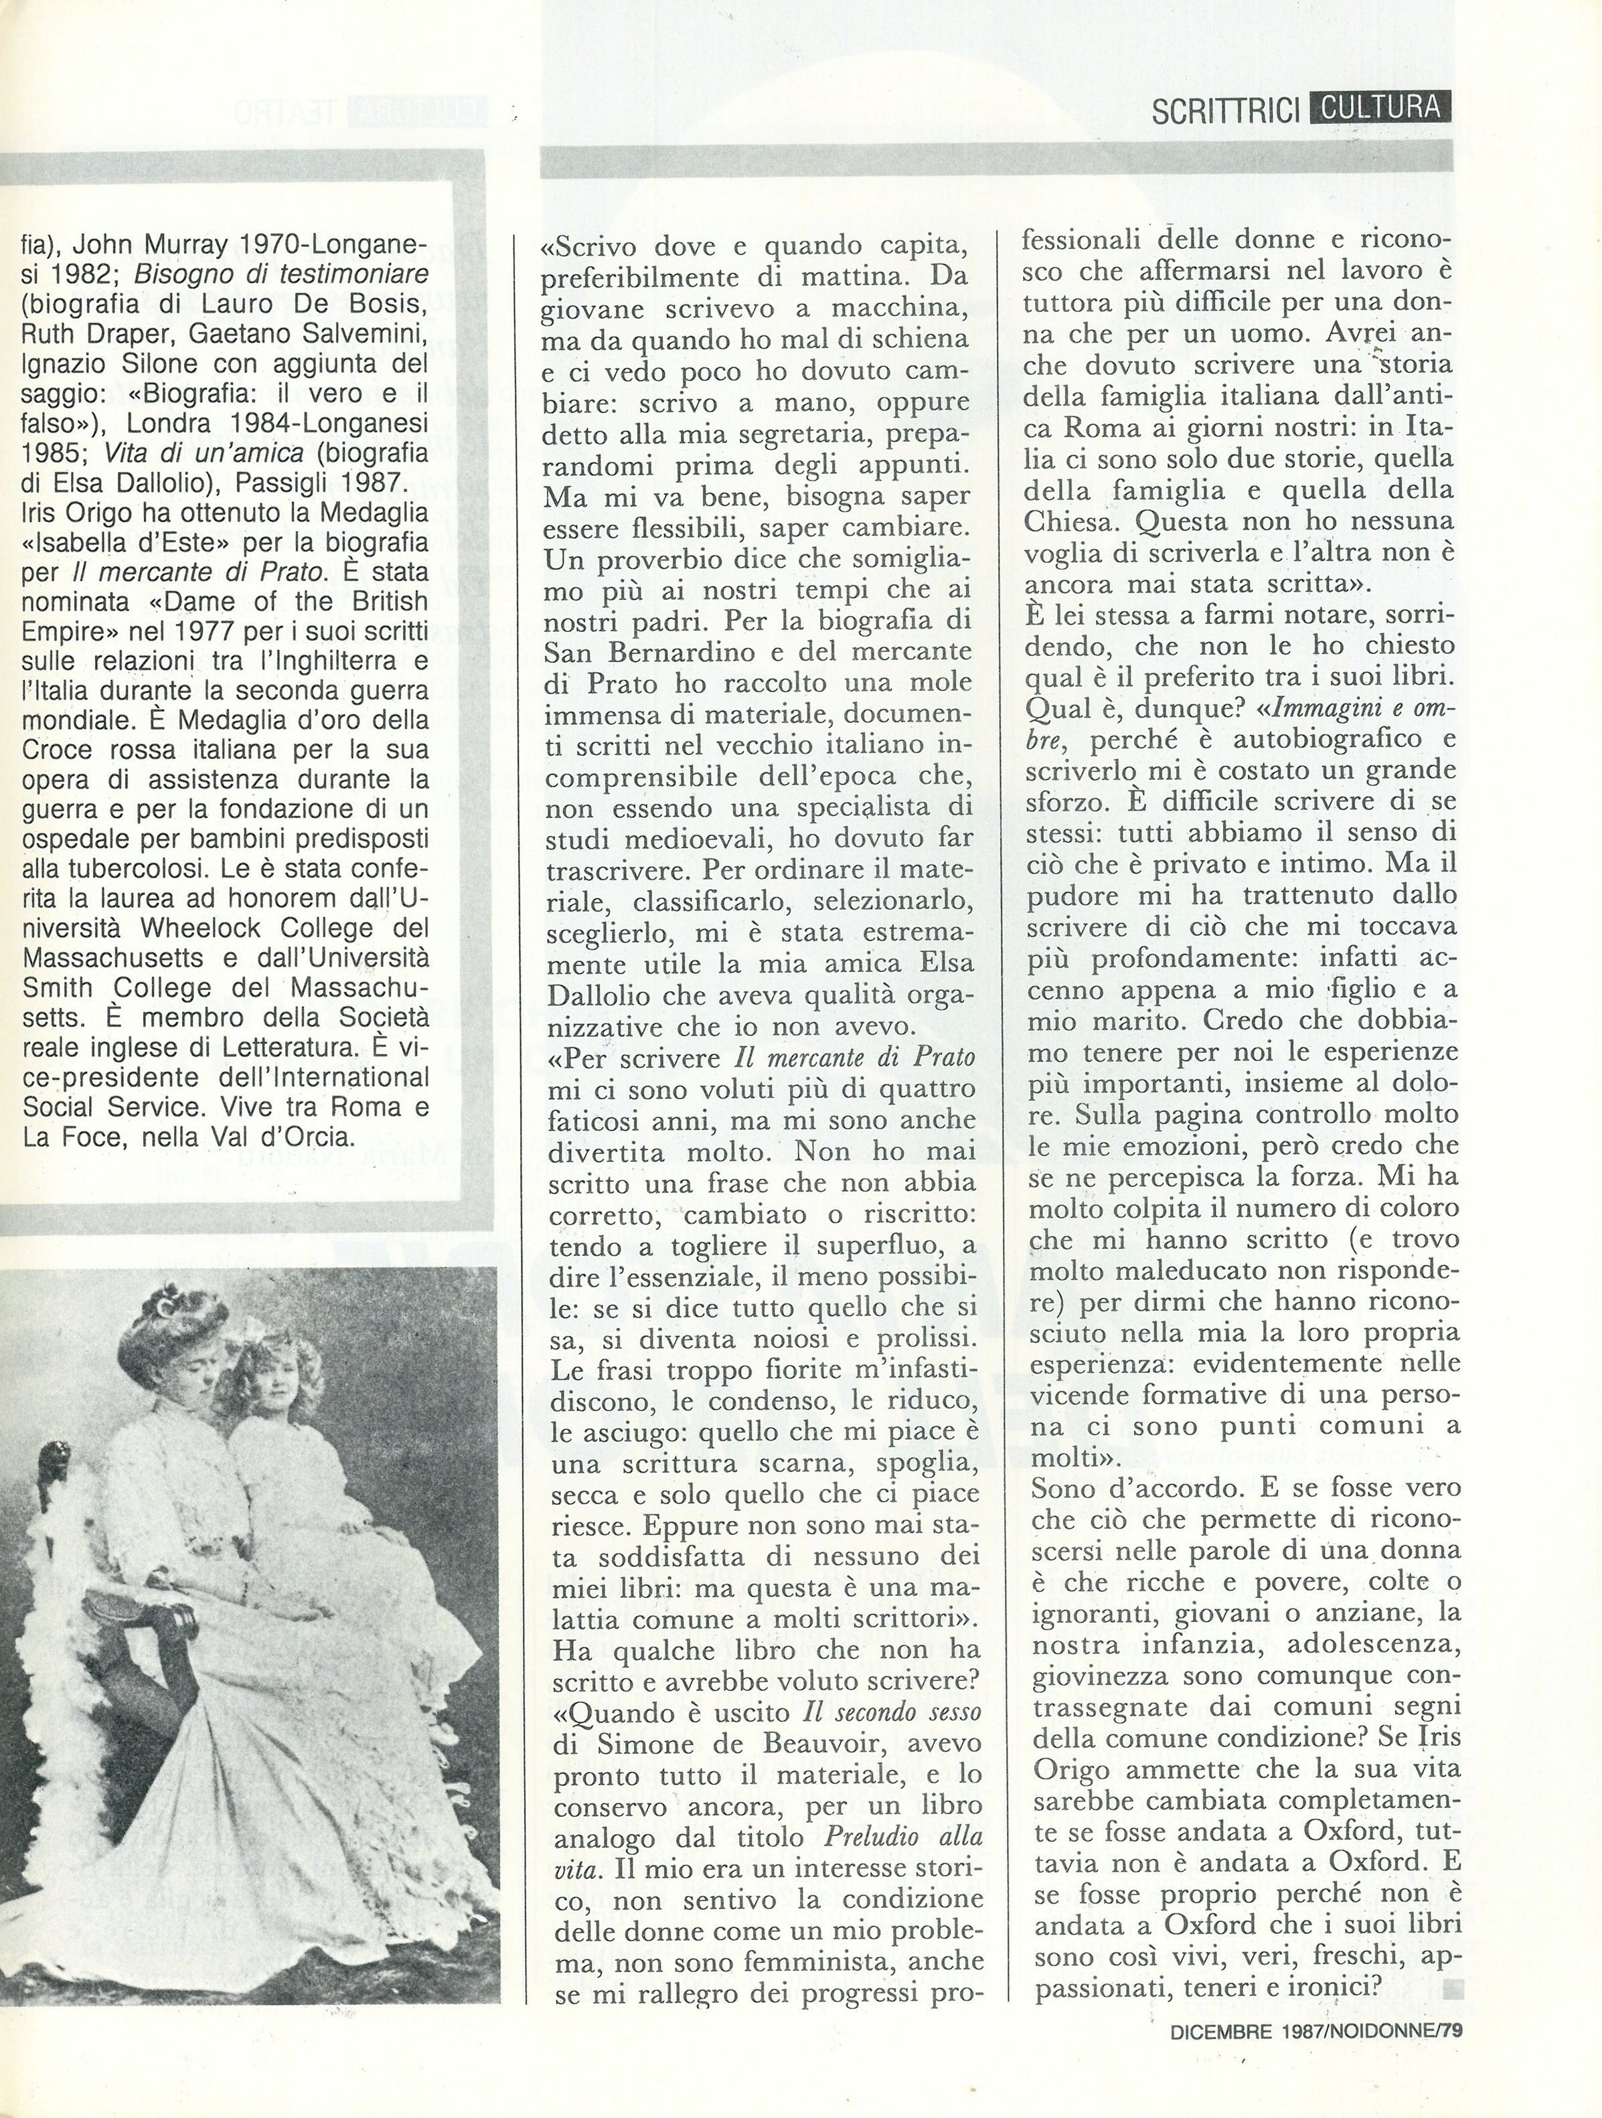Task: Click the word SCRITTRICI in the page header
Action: point(1224,110)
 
